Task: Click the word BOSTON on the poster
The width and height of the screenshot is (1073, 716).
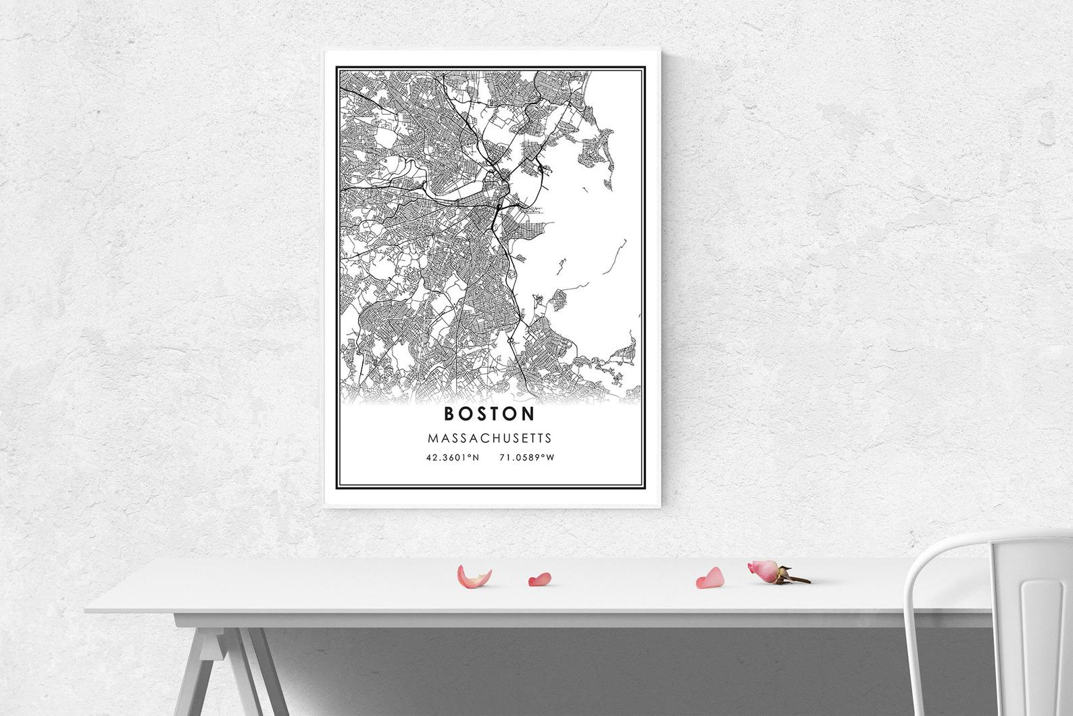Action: [x=489, y=412]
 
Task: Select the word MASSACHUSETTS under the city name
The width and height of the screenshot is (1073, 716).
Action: [x=489, y=438]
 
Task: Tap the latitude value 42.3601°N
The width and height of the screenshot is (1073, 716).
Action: [x=452, y=458]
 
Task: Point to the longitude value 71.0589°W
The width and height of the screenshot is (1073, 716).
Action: [x=526, y=458]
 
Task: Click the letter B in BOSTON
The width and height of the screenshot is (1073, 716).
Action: [x=449, y=412]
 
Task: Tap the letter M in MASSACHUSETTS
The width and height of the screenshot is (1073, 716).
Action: [x=432, y=438]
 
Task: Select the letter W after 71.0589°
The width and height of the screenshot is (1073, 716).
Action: [x=551, y=458]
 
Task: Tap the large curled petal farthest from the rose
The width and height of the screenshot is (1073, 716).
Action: [x=473, y=576]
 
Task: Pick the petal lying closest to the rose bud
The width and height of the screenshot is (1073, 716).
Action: [x=710, y=577]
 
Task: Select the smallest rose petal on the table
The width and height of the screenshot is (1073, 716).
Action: [x=539, y=579]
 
